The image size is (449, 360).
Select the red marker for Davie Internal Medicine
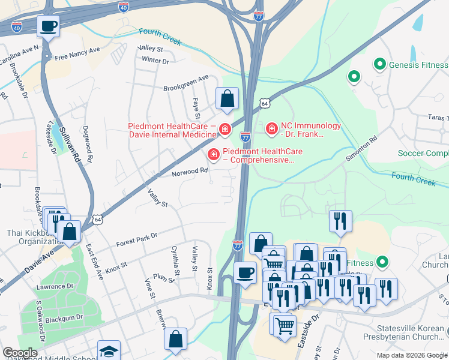pyautogui.click(x=224, y=129)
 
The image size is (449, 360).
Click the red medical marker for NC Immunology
pyautogui.click(x=271, y=128)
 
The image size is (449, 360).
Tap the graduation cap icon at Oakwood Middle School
pyautogui.click(x=109, y=351)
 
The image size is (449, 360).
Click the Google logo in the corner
pyautogui.click(x=20, y=353)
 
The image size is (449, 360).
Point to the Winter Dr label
pyautogui.click(x=155, y=61)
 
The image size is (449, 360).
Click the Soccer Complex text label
pyautogui.click(x=423, y=153)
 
